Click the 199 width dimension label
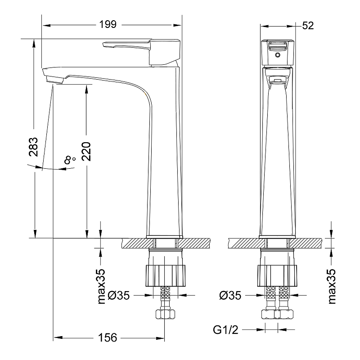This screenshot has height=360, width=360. [108, 25]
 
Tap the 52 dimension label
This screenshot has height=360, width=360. [308, 26]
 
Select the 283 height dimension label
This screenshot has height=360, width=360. [33, 147]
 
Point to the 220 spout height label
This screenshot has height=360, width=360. [86, 151]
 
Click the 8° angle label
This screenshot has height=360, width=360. [70, 160]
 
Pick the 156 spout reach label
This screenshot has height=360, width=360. [108, 337]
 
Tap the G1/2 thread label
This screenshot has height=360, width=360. [225, 330]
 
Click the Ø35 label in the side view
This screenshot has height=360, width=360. [118, 296]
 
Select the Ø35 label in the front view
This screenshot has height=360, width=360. [230, 296]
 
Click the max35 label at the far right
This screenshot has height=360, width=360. [332, 286]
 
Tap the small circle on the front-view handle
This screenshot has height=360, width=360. [278, 55]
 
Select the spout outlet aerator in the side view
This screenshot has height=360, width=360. [55, 80]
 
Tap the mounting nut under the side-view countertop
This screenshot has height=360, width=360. [165, 276]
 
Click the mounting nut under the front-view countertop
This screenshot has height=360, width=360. [277, 276]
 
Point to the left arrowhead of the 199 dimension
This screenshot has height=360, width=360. [46, 25]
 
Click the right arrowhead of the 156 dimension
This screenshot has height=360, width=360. [160, 338]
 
